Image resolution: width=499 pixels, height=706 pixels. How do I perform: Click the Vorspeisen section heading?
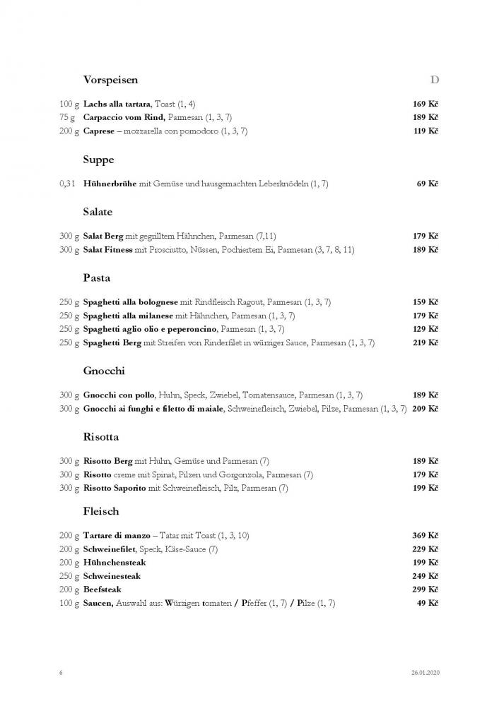click(110, 80)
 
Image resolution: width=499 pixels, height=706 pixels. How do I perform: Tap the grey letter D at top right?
click(435, 80)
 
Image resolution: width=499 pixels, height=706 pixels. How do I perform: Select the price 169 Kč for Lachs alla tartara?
click(425, 104)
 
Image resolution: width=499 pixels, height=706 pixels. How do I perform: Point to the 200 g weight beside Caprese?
click(69, 131)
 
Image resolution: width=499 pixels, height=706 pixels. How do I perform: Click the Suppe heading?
click(98, 160)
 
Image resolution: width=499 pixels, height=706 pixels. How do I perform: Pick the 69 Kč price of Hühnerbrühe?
click(428, 184)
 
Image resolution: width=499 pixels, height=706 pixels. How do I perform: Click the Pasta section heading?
click(96, 278)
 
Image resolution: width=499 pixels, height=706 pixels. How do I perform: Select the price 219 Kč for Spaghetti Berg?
click(425, 342)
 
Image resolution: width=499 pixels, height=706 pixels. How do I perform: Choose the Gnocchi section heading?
click(103, 371)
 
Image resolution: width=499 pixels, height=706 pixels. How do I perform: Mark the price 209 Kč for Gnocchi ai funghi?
click(425, 409)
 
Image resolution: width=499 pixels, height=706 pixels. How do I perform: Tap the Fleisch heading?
click(100, 511)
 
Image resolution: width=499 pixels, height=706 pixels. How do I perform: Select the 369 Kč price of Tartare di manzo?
click(425, 535)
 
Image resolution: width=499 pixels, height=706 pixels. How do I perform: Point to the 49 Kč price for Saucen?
click(428, 602)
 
